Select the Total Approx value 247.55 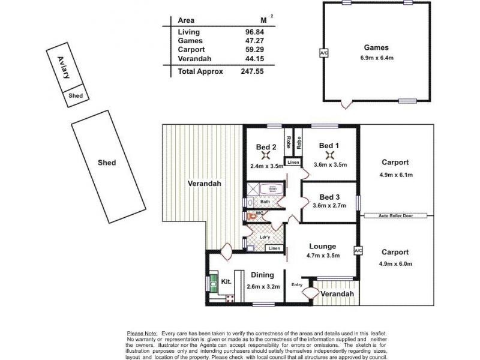point(252,71)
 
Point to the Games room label point(376,47)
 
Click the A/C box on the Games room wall point(324,53)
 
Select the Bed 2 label point(266,146)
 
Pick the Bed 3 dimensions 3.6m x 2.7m point(329,206)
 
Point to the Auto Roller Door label point(394,215)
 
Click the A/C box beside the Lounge point(358,250)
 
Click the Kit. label point(226,281)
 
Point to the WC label point(260,213)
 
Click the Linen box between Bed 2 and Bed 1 point(292,163)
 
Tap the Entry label point(297,284)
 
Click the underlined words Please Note point(142,332)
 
